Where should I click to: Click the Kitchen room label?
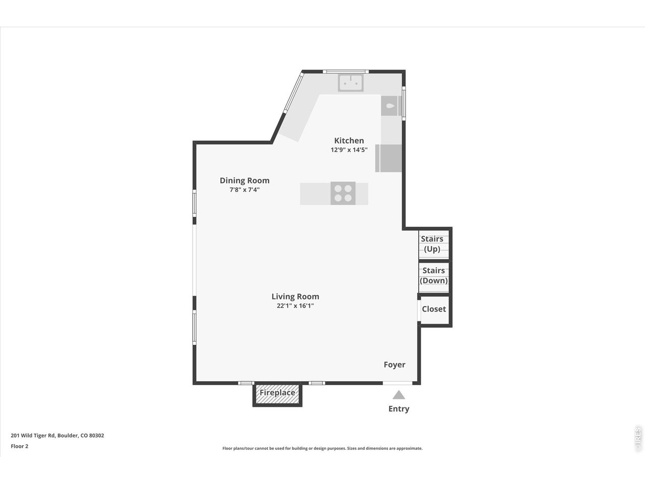[349, 141]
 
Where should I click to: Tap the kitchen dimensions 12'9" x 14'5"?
[349, 150]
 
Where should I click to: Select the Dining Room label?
[244, 180]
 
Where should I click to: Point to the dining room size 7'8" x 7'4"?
[244, 190]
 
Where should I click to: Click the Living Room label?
[295, 296]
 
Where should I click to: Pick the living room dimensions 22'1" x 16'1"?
[295, 306]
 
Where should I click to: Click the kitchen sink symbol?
[351, 82]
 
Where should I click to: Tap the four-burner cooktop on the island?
[343, 193]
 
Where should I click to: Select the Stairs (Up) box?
[432, 244]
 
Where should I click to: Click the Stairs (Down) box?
[433, 276]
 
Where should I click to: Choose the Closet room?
[434, 309]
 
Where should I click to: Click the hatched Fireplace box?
[277, 393]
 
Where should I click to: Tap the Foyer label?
[394, 365]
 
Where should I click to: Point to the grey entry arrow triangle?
[399, 395]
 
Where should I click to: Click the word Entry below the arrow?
[399, 409]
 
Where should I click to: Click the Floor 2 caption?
[20, 446]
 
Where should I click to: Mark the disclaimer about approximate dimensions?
[322, 448]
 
